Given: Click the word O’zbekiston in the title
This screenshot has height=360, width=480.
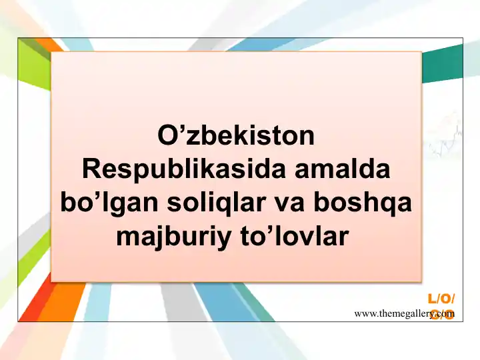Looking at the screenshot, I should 235,137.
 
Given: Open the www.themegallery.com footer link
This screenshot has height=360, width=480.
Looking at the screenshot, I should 405,313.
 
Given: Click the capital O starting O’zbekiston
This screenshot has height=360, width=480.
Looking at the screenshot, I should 167,137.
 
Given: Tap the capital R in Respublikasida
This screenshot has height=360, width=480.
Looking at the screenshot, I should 90,170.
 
